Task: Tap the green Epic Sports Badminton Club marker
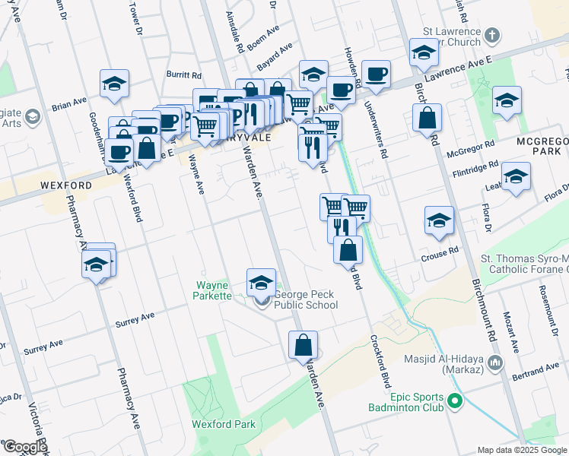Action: tap(456, 401)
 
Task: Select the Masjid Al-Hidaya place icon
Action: tap(497, 363)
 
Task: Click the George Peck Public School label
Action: tap(306, 299)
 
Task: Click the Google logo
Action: tap(24, 447)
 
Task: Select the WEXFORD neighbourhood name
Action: tap(67, 185)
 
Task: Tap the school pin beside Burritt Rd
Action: tap(114, 83)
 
